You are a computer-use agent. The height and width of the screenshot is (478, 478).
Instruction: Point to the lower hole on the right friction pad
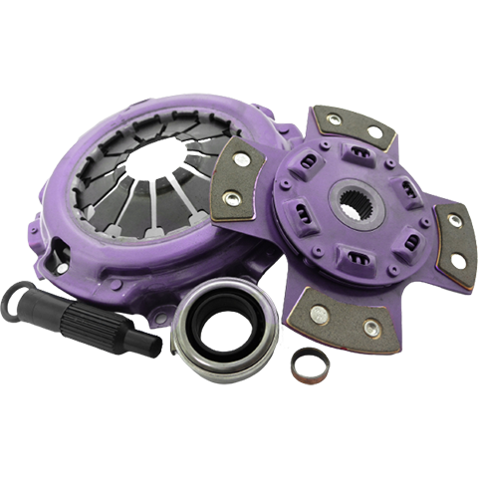[x=457, y=261]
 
